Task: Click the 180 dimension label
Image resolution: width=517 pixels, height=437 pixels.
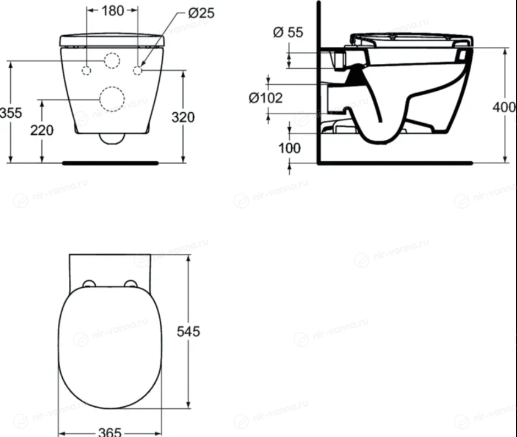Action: click(113, 11)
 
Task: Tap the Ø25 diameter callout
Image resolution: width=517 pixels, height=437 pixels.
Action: click(201, 13)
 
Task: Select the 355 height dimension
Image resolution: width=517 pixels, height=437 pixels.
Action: click(11, 113)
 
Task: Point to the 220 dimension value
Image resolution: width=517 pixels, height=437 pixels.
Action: click(42, 130)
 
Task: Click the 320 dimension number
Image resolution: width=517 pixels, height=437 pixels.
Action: click(183, 117)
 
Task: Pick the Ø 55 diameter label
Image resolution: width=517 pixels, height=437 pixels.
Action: click(288, 32)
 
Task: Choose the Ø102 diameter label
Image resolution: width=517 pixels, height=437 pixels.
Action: click(266, 98)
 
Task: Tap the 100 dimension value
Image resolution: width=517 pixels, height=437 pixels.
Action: click(290, 148)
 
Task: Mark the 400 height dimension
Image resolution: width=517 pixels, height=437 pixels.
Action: click(504, 107)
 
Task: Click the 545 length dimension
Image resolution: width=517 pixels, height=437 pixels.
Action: click(188, 331)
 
